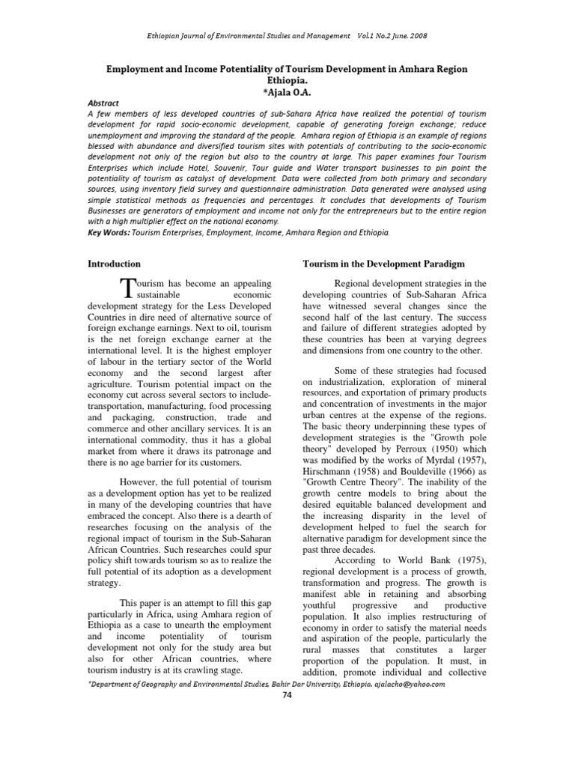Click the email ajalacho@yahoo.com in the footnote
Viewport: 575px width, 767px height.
click(405, 684)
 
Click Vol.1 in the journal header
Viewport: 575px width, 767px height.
click(371, 36)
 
